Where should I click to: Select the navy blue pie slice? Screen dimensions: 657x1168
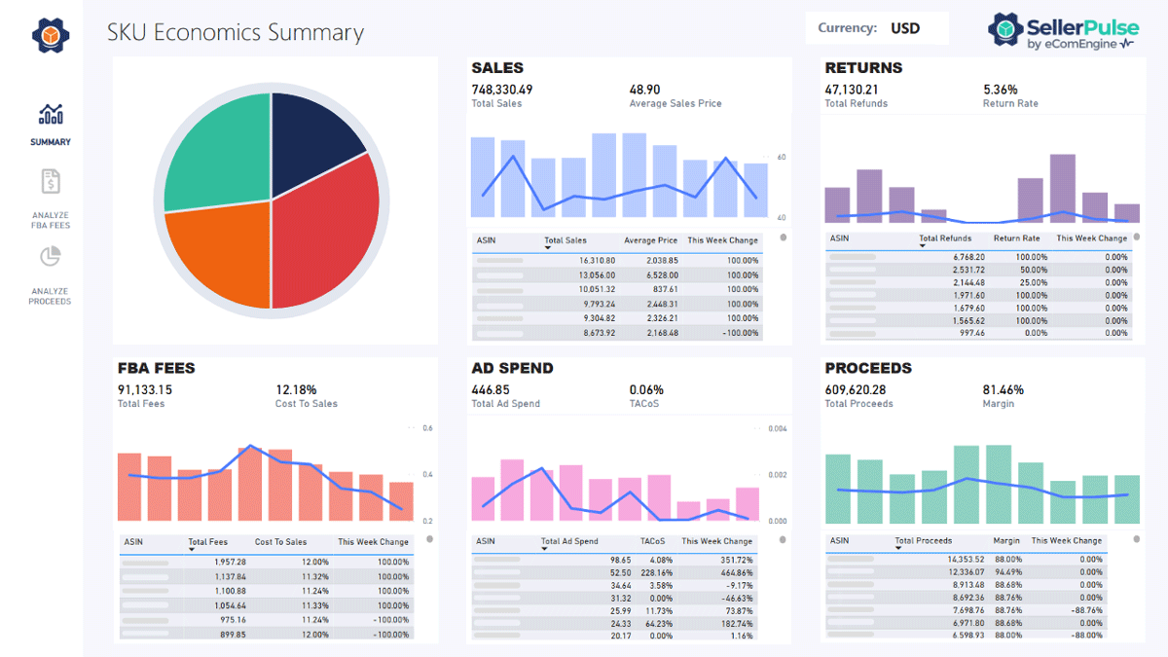[311, 136]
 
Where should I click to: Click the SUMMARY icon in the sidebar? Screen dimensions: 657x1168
[51, 115]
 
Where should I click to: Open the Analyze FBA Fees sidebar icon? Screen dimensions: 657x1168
[51, 181]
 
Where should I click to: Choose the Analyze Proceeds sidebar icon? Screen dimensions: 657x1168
[51, 257]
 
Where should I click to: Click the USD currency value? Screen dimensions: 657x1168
[905, 28]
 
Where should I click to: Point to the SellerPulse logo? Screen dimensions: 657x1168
[1063, 31]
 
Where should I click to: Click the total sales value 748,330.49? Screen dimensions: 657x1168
[502, 90]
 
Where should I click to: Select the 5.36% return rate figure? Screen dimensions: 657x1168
[1001, 90]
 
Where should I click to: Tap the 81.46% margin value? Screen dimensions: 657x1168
[1004, 389]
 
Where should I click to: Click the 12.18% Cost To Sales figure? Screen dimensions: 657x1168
[296, 389]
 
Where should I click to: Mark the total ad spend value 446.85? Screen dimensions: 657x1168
[491, 389]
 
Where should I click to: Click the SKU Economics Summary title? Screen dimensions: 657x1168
[236, 33]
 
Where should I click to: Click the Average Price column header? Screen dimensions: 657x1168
[650, 240]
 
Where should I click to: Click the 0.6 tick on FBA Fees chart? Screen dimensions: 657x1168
[428, 428]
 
